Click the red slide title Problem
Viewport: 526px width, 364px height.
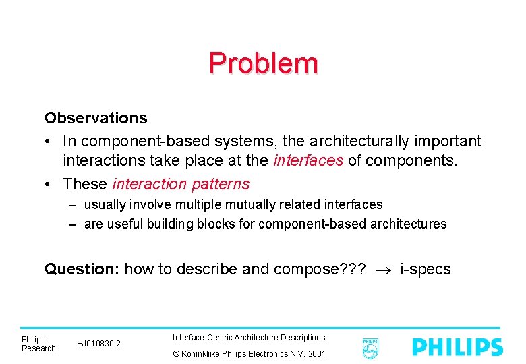[263, 63]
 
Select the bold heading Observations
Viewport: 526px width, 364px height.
[96, 118]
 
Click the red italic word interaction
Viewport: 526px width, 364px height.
[150, 184]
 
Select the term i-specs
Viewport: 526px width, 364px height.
[426, 270]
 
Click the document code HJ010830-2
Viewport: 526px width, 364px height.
[99, 344]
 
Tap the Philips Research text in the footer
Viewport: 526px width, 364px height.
[38, 344]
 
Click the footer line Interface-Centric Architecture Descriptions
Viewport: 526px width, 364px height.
[249, 337]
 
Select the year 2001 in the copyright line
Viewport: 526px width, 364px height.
[316, 354]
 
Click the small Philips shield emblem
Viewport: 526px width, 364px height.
[370, 348]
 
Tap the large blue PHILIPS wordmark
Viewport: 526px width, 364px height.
[458, 347]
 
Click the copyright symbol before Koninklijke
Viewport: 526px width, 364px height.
[177, 354]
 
